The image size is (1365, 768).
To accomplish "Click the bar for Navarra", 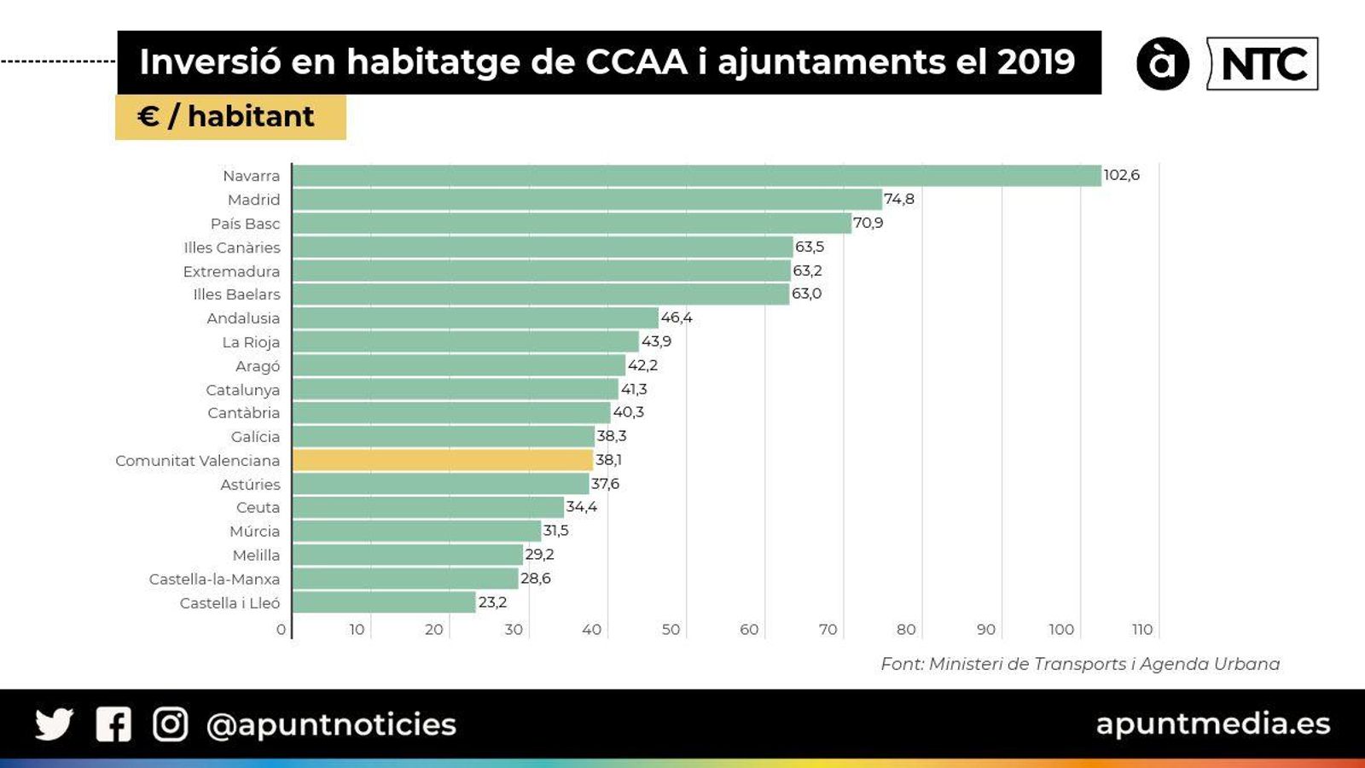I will [x=695, y=176].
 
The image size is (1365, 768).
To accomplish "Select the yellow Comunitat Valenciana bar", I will [x=442, y=460].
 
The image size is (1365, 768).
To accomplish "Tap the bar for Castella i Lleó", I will [x=384, y=602].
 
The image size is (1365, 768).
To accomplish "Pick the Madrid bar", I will [x=587, y=200].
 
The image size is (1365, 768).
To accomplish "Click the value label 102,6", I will [x=1121, y=175].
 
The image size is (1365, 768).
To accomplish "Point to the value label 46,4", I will [x=677, y=317].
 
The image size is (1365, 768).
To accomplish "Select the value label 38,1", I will [x=608, y=460].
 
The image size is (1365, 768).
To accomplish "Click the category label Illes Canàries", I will [x=231, y=247].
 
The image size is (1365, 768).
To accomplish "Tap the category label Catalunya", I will [x=242, y=390].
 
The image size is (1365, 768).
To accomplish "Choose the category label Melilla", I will [x=256, y=555].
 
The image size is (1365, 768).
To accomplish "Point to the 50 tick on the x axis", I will [x=671, y=630].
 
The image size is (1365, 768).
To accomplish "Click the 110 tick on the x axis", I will [x=1142, y=630].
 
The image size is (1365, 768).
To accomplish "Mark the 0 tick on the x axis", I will [x=281, y=630].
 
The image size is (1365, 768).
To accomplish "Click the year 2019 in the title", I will [x=1036, y=62].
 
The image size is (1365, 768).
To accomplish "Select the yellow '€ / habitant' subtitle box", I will [x=230, y=117].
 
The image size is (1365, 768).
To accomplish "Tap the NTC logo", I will [x=1263, y=64].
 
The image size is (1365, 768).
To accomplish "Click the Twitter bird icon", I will [x=54, y=724].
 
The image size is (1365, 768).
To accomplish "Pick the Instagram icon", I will [x=170, y=724].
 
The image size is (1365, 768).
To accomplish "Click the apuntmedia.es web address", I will [x=1212, y=724].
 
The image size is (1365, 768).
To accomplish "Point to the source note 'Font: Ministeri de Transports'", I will [x=1079, y=664].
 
